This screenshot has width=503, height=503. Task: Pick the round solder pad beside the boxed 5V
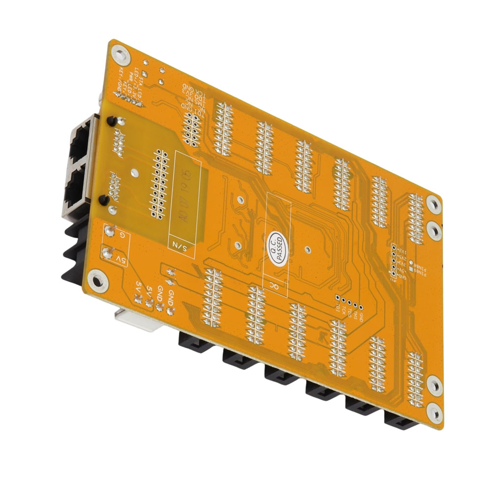coord(106,253)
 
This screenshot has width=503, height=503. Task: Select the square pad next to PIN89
coord(410,269)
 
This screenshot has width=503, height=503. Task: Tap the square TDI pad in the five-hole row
coord(337,297)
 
